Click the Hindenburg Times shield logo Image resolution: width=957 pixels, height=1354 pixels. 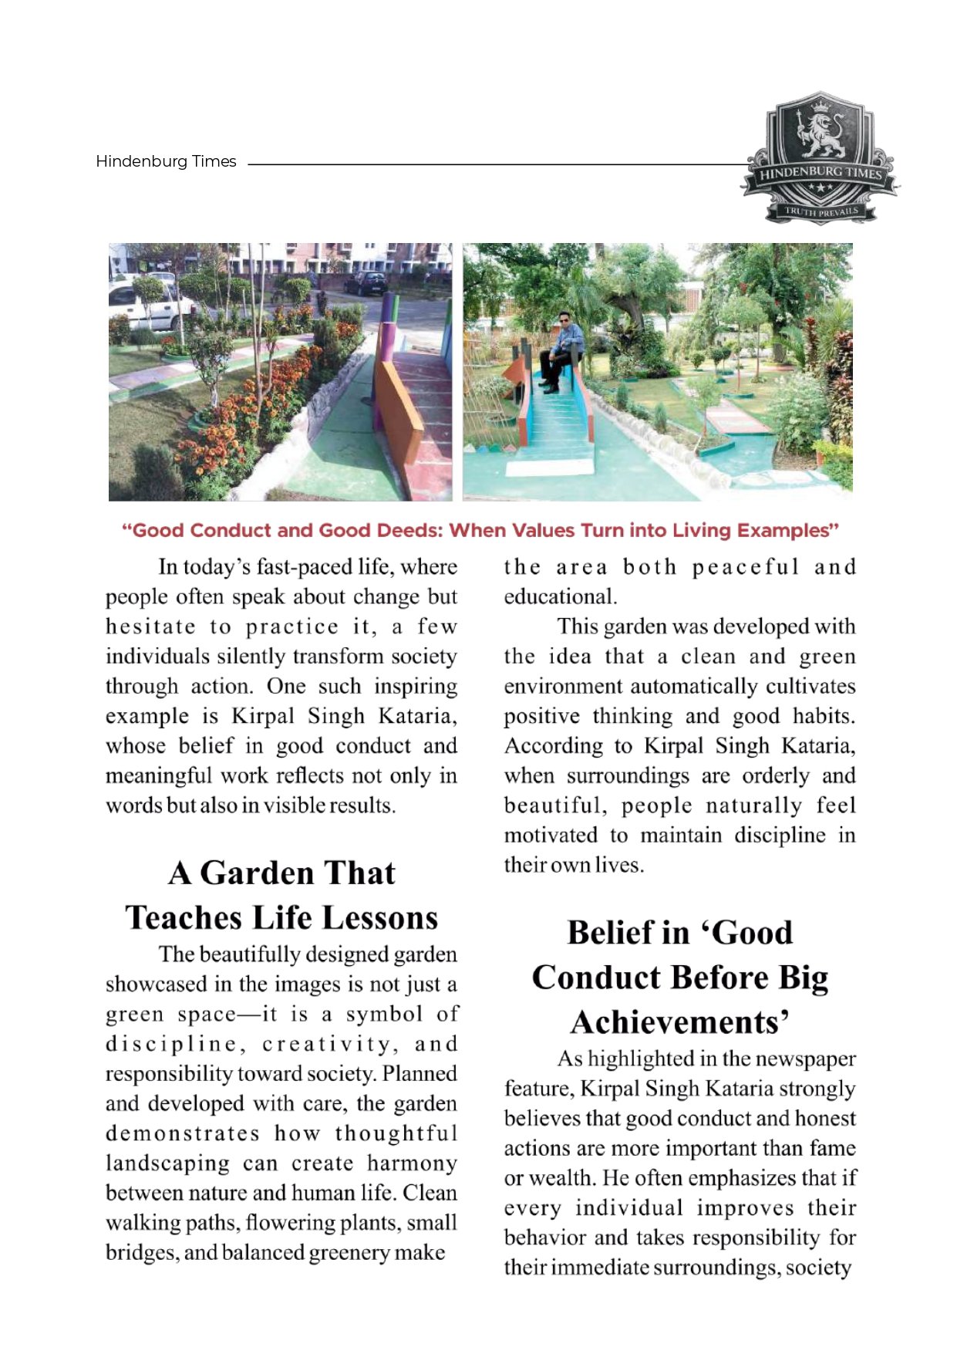tap(821, 159)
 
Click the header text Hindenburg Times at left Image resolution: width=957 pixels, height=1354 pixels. tap(166, 161)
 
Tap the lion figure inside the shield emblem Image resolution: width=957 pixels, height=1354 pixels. tap(821, 135)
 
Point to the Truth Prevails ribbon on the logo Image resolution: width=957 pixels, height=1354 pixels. tap(821, 211)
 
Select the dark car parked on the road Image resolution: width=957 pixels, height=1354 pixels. tap(366, 283)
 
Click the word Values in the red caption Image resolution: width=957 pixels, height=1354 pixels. tap(548, 531)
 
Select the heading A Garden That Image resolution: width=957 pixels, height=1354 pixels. tap(281, 873)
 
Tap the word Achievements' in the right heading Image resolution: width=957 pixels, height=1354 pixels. tap(679, 1023)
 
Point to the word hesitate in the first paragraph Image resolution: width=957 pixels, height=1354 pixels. tap(150, 626)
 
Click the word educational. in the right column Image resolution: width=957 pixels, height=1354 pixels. tap(560, 597)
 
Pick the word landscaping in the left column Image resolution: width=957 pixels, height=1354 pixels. tap(167, 1163)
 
